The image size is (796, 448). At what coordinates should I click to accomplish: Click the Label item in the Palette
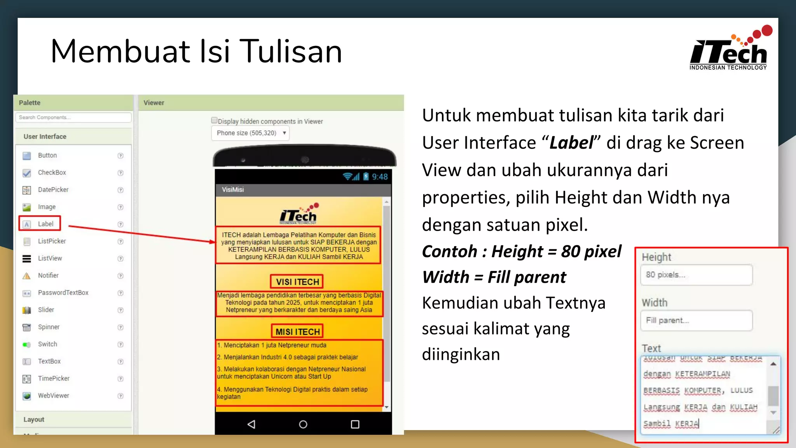(x=45, y=224)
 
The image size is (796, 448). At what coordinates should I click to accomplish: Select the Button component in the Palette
(x=47, y=156)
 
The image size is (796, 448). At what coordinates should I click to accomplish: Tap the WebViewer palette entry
(x=53, y=395)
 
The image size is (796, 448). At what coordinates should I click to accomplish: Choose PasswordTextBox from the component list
(x=63, y=293)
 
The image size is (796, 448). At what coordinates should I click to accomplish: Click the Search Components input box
(x=73, y=117)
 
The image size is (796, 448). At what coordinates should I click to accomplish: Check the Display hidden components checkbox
(x=214, y=121)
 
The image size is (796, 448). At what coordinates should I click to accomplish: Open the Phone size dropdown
(x=250, y=133)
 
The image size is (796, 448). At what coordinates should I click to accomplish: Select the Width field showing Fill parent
(x=696, y=320)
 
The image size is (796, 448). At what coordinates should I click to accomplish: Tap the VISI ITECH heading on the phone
(x=297, y=282)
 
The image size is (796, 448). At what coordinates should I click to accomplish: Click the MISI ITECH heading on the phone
(x=297, y=331)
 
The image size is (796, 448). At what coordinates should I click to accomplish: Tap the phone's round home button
(x=303, y=424)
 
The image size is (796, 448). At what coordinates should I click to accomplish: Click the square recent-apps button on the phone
(x=355, y=424)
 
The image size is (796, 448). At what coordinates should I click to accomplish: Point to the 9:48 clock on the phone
(x=380, y=177)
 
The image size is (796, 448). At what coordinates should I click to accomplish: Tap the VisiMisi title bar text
(x=233, y=190)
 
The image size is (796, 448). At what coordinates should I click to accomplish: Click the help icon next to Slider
(x=120, y=310)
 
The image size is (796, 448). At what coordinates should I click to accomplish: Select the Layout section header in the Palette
(x=34, y=420)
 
